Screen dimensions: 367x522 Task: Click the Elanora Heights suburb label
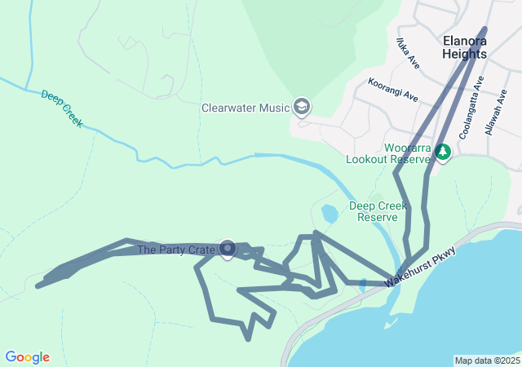[x=464, y=46]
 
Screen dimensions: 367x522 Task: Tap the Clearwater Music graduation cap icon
[x=302, y=107]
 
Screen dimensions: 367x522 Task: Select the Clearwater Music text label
[x=246, y=108]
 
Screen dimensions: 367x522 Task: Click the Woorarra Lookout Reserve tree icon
[x=442, y=151]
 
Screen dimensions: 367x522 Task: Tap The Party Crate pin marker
[x=228, y=249]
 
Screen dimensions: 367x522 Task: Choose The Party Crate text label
[x=175, y=250]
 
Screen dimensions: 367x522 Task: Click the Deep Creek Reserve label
[x=378, y=211]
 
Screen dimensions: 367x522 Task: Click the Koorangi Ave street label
[x=392, y=90]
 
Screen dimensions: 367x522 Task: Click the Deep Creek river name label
[x=63, y=108]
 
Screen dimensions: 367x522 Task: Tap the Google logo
[x=27, y=357]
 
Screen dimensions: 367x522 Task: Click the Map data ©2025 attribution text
[x=486, y=360]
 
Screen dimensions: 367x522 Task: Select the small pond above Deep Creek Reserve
[x=330, y=214]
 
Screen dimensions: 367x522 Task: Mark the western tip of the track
[x=38, y=285]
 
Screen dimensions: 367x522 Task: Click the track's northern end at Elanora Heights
[x=484, y=30]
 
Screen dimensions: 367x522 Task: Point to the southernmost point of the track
[x=248, y=338]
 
